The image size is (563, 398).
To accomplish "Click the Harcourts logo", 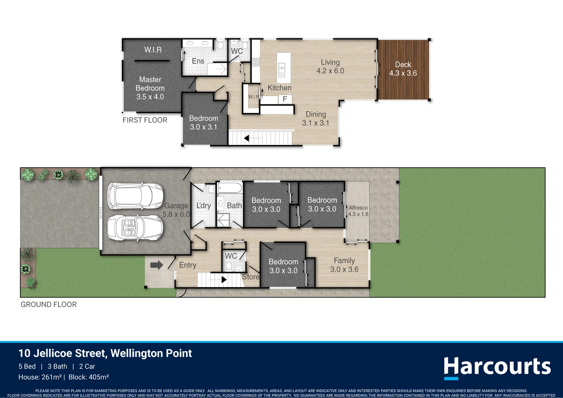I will point(497,367).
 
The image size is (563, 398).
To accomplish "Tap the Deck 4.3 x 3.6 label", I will point(403,69).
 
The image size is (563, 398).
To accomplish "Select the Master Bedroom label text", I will point(150,88).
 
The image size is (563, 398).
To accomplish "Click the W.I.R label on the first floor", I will point(153,50).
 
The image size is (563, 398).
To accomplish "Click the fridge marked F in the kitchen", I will point(285,99).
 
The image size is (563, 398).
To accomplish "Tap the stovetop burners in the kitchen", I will point(256,62).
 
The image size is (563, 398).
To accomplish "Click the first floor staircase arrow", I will point(246,138).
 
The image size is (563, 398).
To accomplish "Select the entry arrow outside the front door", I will point(157,265).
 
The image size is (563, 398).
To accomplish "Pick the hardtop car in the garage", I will point(135,196).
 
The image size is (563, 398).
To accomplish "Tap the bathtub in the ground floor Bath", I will point(230,188).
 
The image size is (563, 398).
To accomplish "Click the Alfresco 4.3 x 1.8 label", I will point(358,211).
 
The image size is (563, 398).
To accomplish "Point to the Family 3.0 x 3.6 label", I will point(344,265).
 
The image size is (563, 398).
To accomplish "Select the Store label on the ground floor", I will point(251,277).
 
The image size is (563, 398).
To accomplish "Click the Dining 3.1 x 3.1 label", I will point(316,119).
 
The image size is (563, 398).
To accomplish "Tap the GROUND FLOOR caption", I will point(49,304).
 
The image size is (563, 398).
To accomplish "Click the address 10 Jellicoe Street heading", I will point(105,353).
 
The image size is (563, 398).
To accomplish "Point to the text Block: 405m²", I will point(88,377).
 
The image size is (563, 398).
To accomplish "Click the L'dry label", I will point(203,206).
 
